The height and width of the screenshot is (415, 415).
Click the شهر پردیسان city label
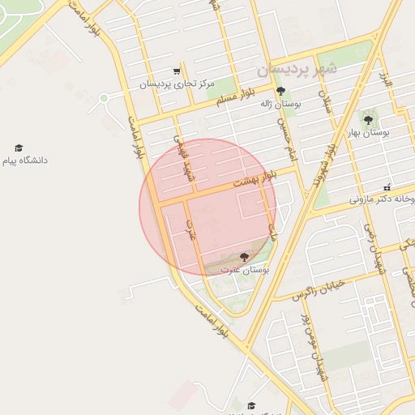click(x=297, y=70)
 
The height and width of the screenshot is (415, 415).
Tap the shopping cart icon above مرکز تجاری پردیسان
click(x=178, y=71)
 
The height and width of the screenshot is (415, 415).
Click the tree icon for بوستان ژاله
click(x=280, y=92)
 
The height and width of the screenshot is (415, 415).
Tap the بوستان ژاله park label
click(x=280, y=105)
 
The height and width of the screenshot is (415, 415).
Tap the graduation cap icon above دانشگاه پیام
click(x=19, y=148)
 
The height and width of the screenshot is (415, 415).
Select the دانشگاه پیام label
click(x=24, y=160)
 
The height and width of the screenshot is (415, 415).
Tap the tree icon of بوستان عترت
click(x=244, y=257)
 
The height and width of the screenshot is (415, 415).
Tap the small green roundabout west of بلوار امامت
click(x=104, y=99)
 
